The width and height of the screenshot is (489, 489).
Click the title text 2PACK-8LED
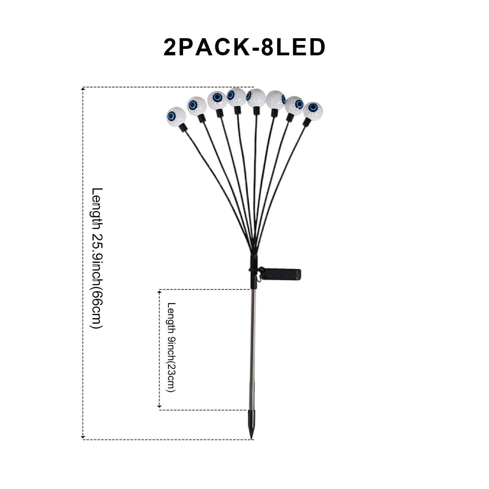click(x=244, y=47)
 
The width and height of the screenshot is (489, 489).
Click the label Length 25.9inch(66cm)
click(x=97, y=258)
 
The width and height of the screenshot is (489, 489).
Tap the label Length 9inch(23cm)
click(x=172, y=347)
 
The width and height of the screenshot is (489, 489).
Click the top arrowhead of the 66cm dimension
click(x=83, y=89)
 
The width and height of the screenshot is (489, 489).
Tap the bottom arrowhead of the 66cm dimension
click(x=83, y=437)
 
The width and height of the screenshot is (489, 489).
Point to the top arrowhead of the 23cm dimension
click(x=159, y=292)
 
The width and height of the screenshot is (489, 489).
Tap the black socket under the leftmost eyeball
click(x=183, y=128)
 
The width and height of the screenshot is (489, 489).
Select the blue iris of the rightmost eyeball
click(x=312, y=108)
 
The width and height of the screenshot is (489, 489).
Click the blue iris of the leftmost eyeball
click(x=172, y=116)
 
